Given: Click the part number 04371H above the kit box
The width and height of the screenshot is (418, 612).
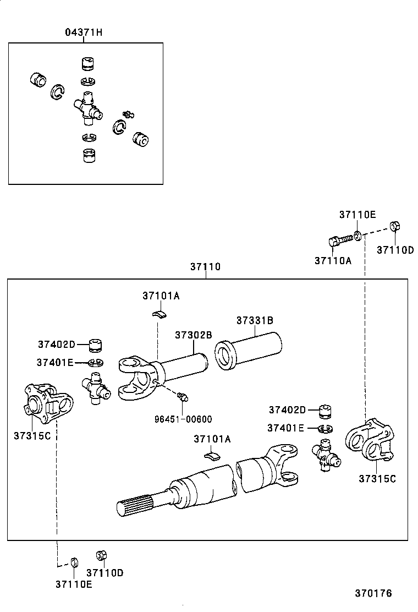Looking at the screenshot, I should tap(84, 32).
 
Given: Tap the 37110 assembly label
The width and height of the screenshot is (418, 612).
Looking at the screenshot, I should tap(205, 267).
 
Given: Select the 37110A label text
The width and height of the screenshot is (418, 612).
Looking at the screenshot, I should tap(332, 260).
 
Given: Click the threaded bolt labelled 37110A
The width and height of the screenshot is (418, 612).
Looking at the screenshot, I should tap(340, 241).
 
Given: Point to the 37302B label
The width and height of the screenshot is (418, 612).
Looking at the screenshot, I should tap(194, 335).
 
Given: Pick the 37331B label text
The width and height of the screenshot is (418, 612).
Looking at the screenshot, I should tap(255, 320).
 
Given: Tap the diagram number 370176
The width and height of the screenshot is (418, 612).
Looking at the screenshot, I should tap(373, 593).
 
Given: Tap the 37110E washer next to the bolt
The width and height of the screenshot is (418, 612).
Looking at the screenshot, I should tap(358, 236).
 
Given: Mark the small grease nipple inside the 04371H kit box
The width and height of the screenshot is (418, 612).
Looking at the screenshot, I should tap(129, 114).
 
